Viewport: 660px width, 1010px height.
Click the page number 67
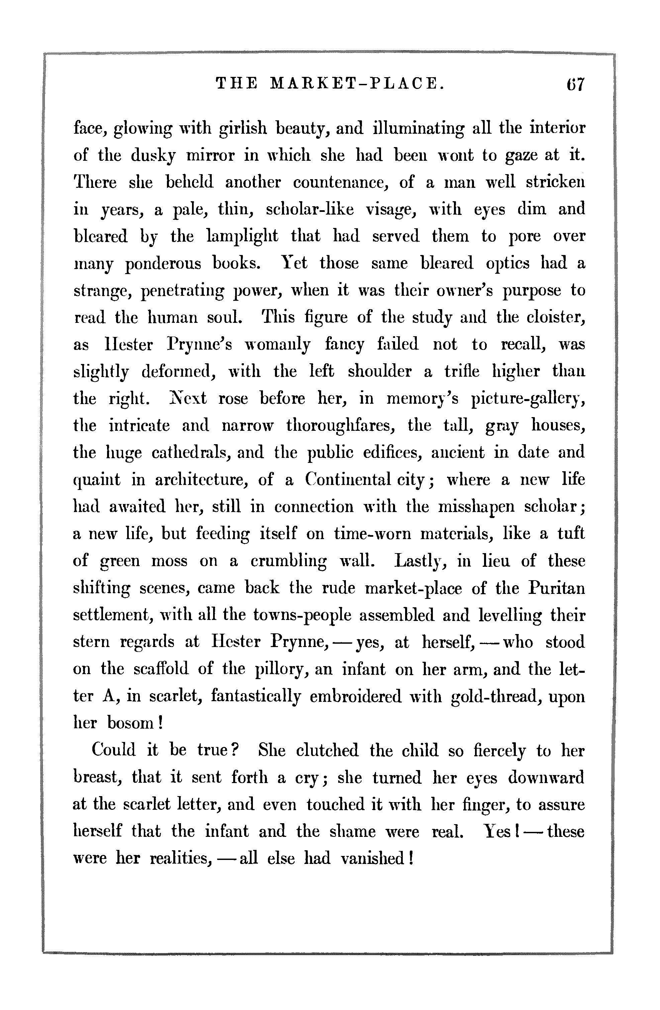(x=575, y=84)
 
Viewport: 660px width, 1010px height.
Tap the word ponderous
(x=163, y=264)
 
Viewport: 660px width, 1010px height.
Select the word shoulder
(x=380, y=371)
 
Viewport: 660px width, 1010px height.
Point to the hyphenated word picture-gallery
(x=528, y=399)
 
